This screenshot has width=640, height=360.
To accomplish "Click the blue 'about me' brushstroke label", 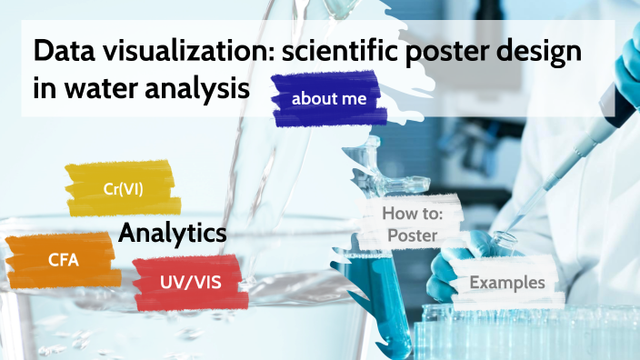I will pos(329,99).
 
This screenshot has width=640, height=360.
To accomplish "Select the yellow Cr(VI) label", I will pos(122,188).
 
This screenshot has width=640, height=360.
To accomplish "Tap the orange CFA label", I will pos(64,261).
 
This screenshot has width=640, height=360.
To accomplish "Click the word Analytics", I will pos(172,233).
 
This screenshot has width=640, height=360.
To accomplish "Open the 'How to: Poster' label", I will pos(412,225).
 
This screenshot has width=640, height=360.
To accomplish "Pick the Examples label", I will pos(506,282).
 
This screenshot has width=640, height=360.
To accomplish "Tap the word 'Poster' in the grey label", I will pos(412,235).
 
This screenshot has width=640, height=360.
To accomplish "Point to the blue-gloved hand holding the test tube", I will pos(455,264).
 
